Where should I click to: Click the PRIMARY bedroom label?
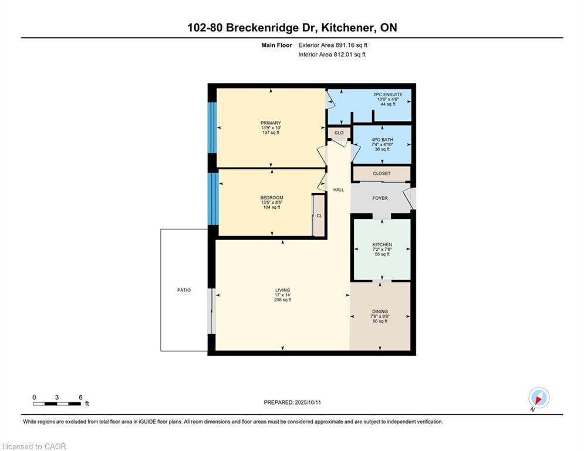[271, 123]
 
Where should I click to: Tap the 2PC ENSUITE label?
[388, 95]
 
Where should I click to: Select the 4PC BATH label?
[382, 140]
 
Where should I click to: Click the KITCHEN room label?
[382, 244]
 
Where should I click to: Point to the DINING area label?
[380, 312]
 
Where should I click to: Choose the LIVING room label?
[283, 290]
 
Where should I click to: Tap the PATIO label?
[184, 290]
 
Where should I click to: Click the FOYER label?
[380, 198]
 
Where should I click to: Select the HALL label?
[339, 190]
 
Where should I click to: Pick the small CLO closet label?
[339, 133]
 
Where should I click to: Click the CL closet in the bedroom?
[319, 216]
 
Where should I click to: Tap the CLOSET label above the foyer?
[382, 174]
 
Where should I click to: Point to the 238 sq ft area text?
[283, 299]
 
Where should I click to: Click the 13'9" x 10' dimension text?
[271, 128]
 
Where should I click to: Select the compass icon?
[539, 398]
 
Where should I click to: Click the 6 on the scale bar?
[80, 398]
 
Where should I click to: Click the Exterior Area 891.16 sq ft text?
[333, 45]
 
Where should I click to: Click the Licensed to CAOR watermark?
[34, 446]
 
